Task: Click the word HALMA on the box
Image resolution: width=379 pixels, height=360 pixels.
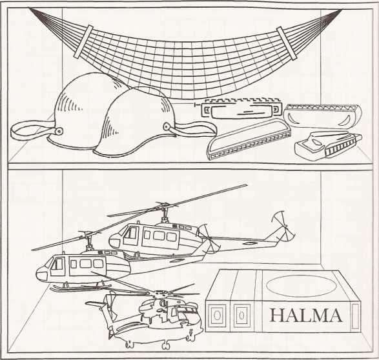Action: [306, 315]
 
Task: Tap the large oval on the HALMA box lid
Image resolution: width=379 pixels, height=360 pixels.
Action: [301, 286]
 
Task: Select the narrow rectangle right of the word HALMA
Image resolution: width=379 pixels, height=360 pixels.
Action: [355, 316]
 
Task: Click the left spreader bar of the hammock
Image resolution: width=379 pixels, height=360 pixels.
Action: [83, 41]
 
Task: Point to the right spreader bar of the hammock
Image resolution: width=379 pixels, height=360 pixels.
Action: [287, 43]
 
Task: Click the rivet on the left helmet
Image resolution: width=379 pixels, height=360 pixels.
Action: [59, 131]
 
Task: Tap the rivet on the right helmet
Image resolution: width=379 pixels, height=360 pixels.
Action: [167, 126]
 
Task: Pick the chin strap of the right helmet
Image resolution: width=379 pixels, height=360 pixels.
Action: [192, 129]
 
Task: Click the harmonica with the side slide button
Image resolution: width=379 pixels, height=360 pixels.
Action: [240, 109]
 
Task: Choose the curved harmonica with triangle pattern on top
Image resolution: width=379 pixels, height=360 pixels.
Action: [323, 116]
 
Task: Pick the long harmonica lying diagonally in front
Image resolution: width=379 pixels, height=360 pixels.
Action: [249, 139]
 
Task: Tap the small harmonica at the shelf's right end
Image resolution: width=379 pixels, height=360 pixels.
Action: [328, 146]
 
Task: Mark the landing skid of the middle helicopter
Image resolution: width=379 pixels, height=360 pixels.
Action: [81, 288]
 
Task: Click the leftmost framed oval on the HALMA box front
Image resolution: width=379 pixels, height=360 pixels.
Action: [217, 315]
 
